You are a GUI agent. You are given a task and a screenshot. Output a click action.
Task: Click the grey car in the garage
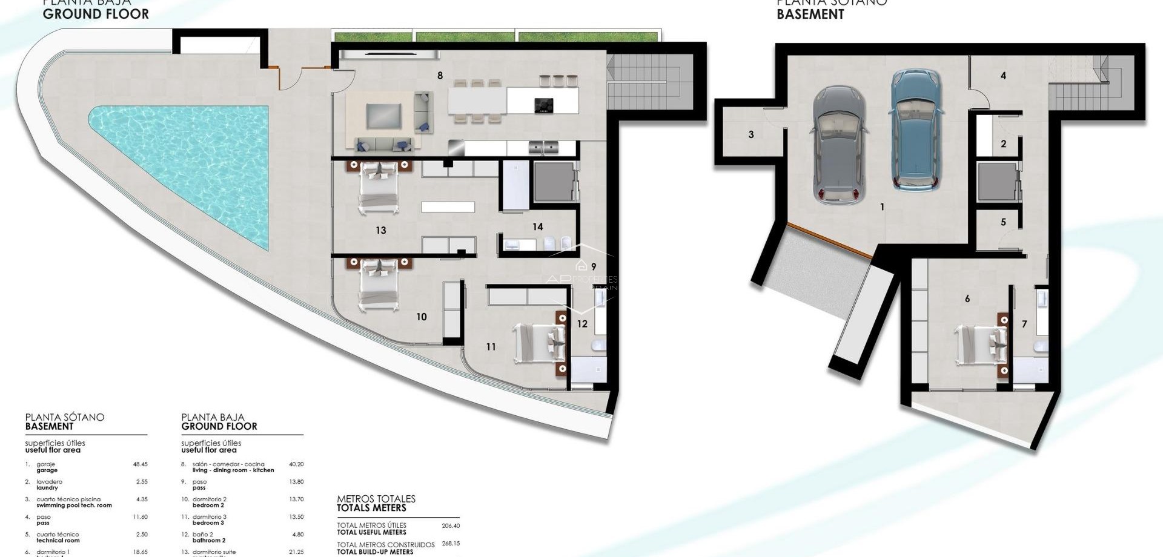pyautogui.click(x=839, y=143)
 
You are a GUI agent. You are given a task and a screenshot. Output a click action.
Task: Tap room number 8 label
pyautogui.click(x=440, y=76)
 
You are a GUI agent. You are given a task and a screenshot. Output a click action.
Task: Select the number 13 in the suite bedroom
pyautogui.click(x=380, y=230)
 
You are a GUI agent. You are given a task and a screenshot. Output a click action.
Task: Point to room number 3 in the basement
pyautogui.click(x=751, y=134)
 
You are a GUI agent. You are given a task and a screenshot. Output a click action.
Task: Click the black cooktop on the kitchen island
pyautogui.click(x=543, y=105)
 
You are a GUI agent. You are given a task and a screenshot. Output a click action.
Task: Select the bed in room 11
pyautogui.click(x=539, y=343)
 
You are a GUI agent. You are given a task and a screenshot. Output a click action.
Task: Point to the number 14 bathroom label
pyautogui.click(x=537, y=226)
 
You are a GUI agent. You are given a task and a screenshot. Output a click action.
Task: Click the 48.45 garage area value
pyautogui.click(x=140, y=464)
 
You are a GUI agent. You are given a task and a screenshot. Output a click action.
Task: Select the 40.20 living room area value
pyautogui.click(x=296, y=464)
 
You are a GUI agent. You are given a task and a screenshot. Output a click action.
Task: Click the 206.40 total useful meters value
pyautogui.click(x=451, y=526)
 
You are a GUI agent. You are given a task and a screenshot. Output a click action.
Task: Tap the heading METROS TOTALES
pyautogui.click(x=376, y=499)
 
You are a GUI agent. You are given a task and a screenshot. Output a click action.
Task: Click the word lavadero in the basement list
pyautogui.click(x=49, y=482)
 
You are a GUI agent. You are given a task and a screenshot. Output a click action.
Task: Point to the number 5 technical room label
pyautogui.click(x=1003, y=222)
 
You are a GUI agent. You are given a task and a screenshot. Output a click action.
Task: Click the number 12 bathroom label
pyautogui.click(x=582, y=324)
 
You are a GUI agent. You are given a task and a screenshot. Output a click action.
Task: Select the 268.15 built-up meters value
pyautogui.click(x=451, y=544)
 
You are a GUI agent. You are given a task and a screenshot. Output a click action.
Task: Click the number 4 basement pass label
pyautogui.click(x=1003, y=76)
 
